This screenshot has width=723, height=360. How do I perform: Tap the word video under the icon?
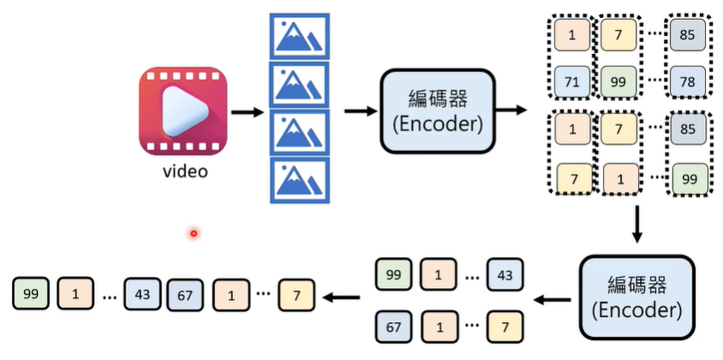185,171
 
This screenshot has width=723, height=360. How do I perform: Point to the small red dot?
194,233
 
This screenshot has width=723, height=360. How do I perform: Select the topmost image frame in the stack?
299,36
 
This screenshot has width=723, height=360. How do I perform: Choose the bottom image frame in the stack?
299,179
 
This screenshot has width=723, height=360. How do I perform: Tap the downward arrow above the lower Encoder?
636,225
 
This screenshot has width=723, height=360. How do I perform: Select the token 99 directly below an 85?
688,180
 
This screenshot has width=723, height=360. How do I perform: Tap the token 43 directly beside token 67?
142,295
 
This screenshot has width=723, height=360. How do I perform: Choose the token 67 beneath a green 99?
394,327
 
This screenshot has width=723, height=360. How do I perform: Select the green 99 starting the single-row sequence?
31,295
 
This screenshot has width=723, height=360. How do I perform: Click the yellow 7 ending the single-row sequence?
296,295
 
